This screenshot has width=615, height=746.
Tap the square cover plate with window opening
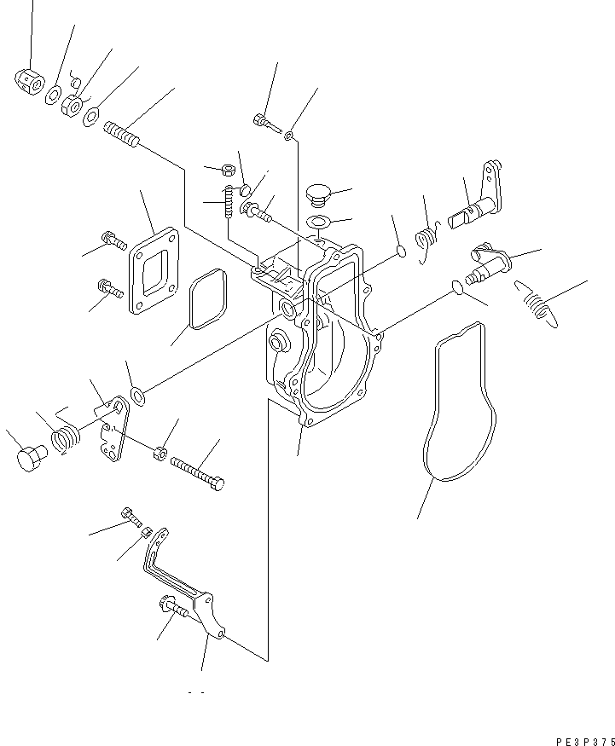click(x=154, y=271)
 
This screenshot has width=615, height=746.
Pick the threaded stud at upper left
click(x=125, y=136)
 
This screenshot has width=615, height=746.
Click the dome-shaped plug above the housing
click(x=319, y=194)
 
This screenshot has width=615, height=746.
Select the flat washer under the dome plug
click(x=321, y=223)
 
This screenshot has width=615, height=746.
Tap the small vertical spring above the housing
click(x=229, y=202)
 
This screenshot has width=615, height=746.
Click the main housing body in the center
click(x=320, y=341)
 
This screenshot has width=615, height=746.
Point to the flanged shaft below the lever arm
click(x=488, y=261)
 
